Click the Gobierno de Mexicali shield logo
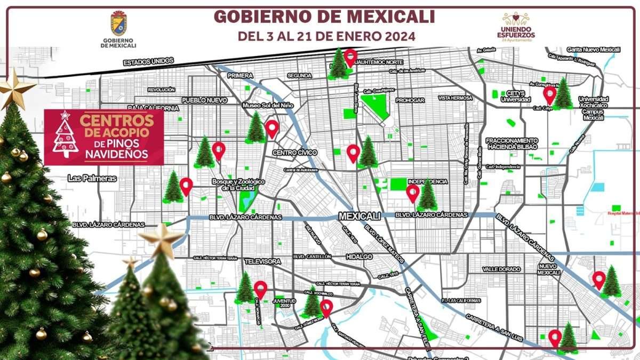118,24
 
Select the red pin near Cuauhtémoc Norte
350,57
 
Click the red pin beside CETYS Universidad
549,95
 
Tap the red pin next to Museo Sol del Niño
272,129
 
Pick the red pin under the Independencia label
412,193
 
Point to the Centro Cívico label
295,153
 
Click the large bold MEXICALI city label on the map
359,216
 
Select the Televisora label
262,262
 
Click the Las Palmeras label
92,179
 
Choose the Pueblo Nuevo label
204,100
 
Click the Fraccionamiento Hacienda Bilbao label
512,143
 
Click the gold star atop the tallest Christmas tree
16,88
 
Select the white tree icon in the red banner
66,137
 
